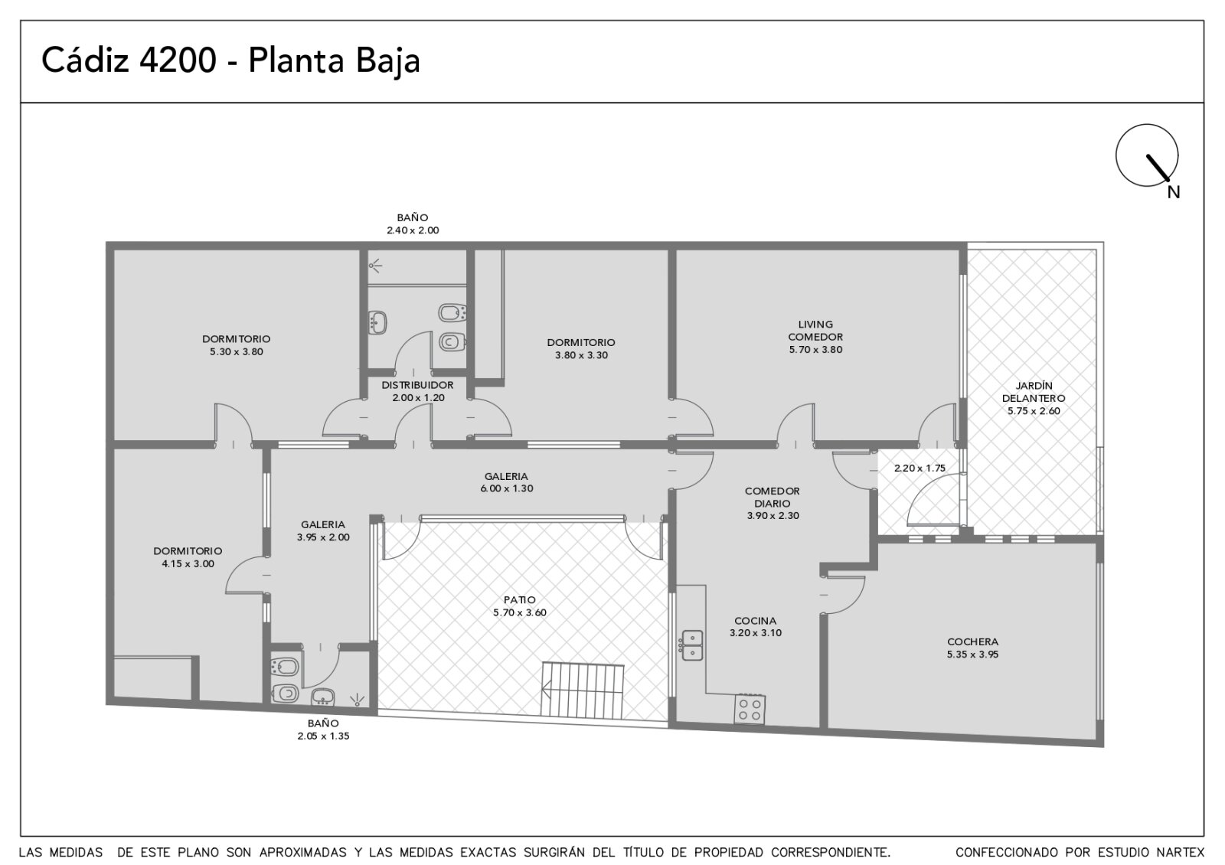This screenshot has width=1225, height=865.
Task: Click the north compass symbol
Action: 1147,155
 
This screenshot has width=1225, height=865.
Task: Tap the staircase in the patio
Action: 583,690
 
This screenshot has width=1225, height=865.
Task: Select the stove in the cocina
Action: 750,709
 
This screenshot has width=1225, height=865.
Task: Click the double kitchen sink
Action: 692,645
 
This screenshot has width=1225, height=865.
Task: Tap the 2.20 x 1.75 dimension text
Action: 920,468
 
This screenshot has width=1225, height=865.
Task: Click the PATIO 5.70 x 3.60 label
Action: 520,605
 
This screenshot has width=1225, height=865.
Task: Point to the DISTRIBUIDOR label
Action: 417,385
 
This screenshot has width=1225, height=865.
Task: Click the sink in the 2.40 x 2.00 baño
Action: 377,322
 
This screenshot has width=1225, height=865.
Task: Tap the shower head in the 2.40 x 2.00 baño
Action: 374,266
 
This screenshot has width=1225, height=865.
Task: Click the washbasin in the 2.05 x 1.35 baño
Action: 322,697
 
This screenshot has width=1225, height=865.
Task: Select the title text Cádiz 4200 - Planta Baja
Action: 230,60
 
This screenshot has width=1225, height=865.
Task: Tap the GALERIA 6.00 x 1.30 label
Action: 506,482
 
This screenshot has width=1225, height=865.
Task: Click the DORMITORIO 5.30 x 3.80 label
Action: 237,345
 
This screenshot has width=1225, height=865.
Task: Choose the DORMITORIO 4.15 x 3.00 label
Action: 188,557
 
